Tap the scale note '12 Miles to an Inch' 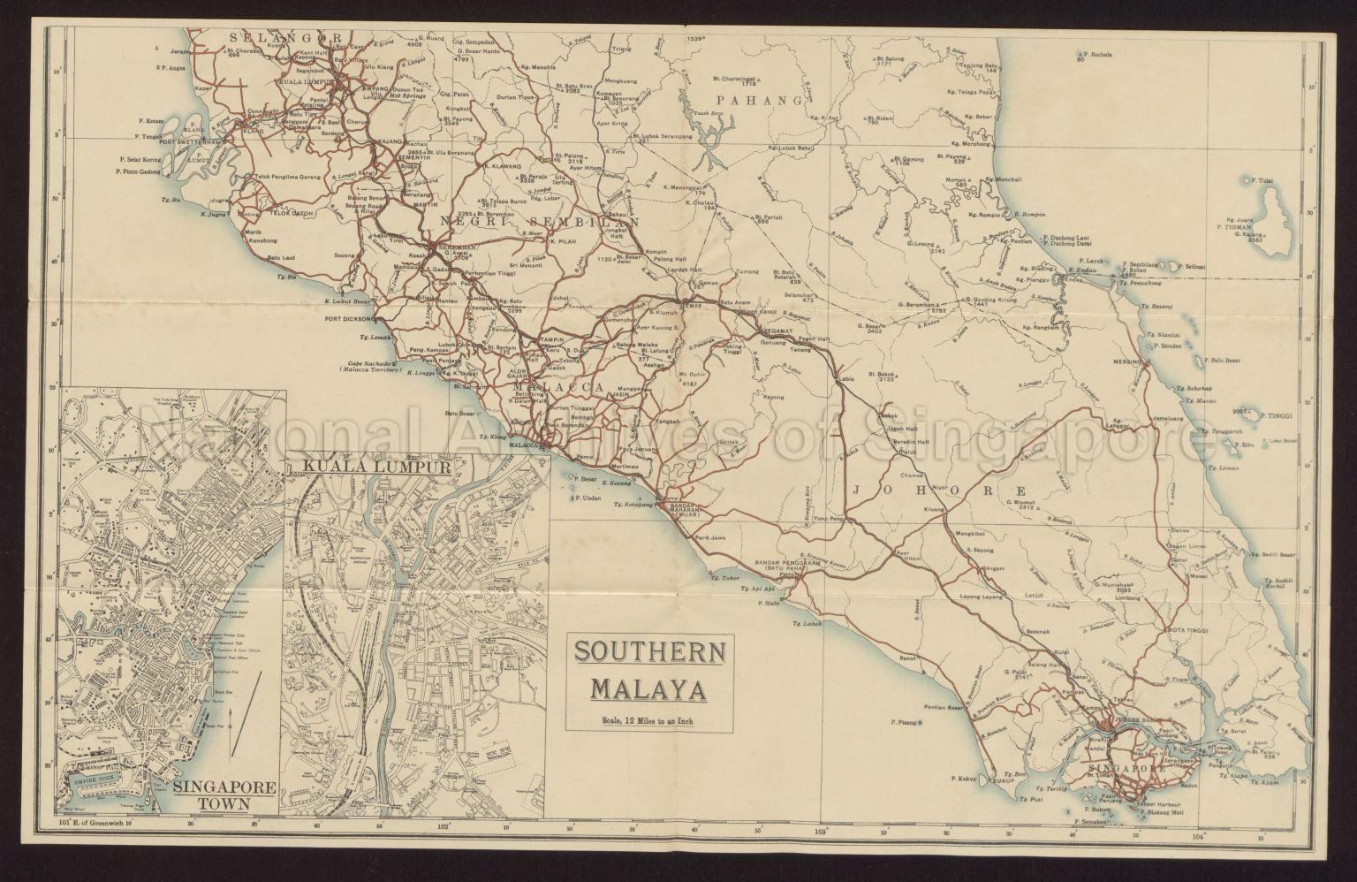[650, 718]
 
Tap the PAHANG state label [762, 100]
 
